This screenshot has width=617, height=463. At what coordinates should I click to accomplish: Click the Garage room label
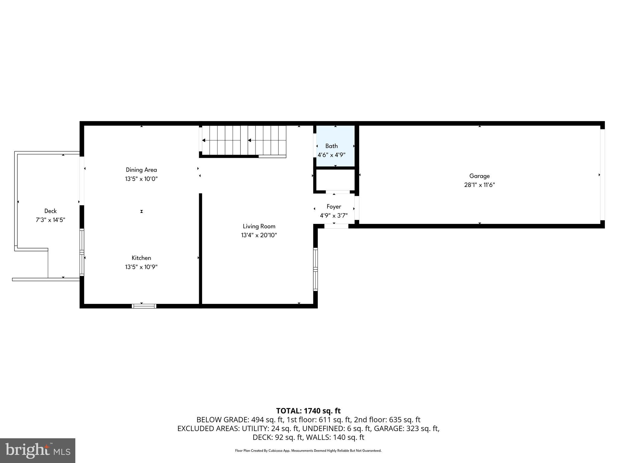point(479,176)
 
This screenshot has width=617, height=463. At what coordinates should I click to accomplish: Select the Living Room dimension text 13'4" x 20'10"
point(259,235)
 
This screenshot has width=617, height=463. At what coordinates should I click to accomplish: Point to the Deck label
point(50,211)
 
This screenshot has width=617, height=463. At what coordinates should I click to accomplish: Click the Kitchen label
point(141,258)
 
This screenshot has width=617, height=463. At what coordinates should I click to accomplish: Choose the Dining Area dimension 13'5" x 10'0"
point(141,179)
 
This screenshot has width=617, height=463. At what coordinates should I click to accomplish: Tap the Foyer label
point(334,206)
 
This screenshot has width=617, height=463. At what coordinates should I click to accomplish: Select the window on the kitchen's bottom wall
point(144,306)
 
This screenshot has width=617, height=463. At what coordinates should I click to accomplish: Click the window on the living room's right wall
point(315,269)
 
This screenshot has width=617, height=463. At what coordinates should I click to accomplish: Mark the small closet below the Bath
point(335,180)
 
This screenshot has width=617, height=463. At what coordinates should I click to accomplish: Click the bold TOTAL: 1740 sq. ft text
point(308,411)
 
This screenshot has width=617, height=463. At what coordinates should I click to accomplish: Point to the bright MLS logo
point(38,451)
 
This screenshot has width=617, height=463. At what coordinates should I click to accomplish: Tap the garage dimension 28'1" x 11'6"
point(479,185)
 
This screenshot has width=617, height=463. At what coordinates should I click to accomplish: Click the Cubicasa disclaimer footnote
point(308,451)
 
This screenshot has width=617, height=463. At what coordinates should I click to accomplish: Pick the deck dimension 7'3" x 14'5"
point(50,220)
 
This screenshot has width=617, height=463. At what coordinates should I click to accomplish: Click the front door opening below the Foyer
point(336,226)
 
